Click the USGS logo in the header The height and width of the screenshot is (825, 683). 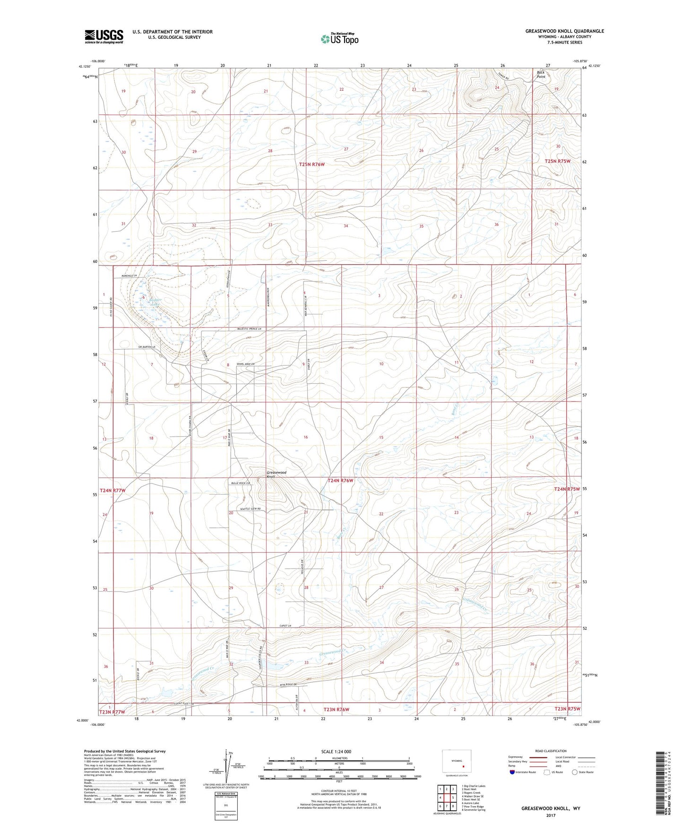tap(104, 36)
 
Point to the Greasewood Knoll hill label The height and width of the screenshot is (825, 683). tap(277, 474)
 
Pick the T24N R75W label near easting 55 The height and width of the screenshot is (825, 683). tap(566, 489)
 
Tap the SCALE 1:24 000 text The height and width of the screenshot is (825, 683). tap(336, 751)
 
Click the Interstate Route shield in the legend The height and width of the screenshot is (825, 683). tap(512, 772)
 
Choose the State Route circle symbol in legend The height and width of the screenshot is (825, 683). tap(574, 772)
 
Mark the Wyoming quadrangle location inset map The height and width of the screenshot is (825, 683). tap(457, 763)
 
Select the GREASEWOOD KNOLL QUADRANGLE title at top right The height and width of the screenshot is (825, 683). tap(564, 31)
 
